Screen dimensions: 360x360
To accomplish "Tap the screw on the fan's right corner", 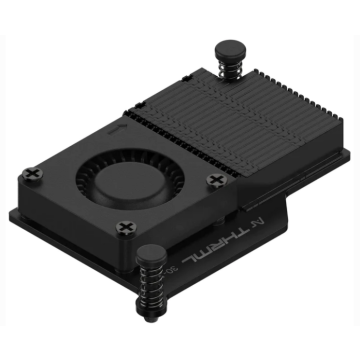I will pos(216,180).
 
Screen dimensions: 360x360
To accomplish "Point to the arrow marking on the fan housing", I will pos(118,129).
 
